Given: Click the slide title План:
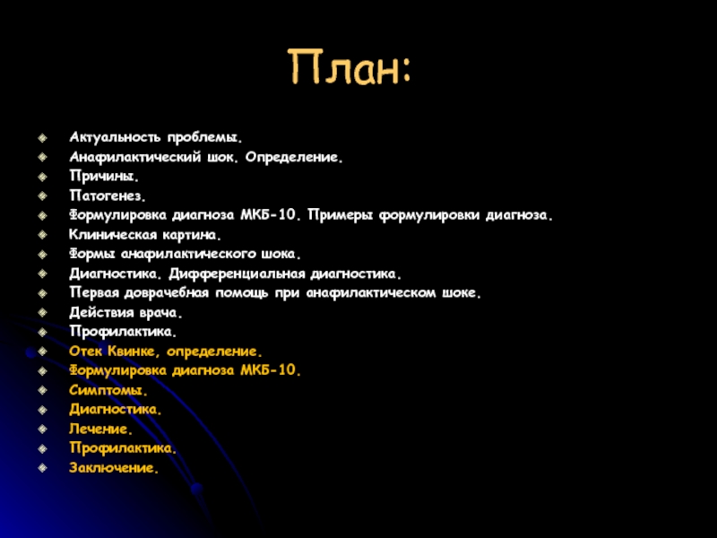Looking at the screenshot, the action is pos(350,67).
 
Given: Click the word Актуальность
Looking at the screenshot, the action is pos(115,137).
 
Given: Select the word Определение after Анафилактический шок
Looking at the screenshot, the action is pos(294,157).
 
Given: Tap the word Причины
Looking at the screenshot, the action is pos(104,176).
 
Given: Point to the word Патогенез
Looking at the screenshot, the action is pos(108,195).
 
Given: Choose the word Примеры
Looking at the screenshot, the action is pos(341,215).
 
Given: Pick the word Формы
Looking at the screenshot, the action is pos(92,254).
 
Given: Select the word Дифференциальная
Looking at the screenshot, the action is pos(237,273).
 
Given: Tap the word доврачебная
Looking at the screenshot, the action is pos(167,293).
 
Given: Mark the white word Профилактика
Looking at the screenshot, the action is pos(123,332).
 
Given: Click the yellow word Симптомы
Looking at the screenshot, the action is pos(108,390).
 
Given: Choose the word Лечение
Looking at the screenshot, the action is pos(100,430).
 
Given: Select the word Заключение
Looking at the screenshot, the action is pos(114,467).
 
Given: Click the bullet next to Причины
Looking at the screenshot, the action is pos(42,176).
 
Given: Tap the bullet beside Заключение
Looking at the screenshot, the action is pos(42,467).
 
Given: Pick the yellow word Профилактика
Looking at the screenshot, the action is pos(123,447).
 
